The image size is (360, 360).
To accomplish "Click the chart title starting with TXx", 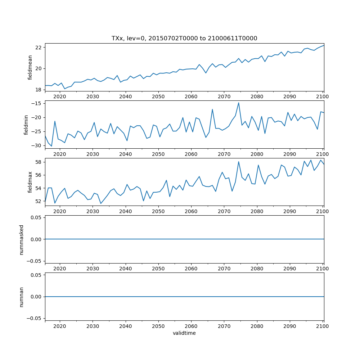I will (184, 39).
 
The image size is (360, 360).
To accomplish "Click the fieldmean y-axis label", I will (30, 67).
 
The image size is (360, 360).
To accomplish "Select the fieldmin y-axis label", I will (26, 125).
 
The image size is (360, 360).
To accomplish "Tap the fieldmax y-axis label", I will (30, 182).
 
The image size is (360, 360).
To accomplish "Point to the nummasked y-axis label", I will (21, 239).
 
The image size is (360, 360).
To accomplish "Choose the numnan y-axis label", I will (21, 297).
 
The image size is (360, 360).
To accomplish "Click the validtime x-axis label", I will (184, 333).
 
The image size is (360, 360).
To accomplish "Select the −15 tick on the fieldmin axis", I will (36, 103).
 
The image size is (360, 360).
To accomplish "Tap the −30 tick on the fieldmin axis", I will (36, 145).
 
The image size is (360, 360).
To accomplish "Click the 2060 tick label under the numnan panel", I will (191, 326).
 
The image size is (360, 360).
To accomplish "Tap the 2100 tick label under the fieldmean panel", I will (323, 96).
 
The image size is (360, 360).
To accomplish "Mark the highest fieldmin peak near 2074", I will (238, 103).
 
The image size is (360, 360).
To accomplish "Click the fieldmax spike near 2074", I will (239, 161).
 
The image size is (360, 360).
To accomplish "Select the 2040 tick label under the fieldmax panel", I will (125, 211).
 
